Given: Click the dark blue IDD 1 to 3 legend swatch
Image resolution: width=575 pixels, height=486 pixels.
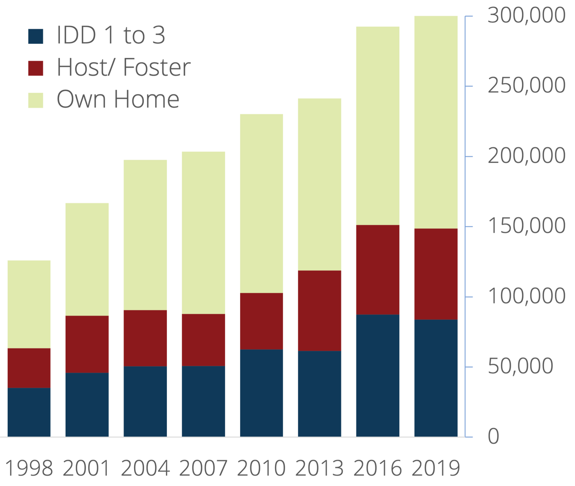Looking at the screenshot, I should coord(36,36).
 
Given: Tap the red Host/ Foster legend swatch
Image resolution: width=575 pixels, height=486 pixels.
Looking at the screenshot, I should coord(36,68).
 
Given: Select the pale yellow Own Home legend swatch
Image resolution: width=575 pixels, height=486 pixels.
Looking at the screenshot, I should coord(36,100).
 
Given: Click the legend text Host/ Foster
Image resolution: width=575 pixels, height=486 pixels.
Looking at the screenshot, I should coord(124,67).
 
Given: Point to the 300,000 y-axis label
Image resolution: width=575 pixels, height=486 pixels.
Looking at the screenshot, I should coord(526,16).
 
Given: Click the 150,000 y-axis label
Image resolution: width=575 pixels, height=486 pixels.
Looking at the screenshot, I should coord(526,226).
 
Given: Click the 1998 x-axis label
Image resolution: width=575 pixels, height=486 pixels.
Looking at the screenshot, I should coord(29,468).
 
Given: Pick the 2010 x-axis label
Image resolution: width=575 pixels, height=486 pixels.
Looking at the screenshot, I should coord(261,468).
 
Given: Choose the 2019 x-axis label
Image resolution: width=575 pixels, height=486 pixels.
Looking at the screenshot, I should coord(436,468).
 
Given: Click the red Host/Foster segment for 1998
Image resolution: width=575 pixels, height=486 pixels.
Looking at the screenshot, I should coord(29,368).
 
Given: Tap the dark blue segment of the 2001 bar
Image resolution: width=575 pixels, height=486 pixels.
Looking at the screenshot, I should coord(87,404).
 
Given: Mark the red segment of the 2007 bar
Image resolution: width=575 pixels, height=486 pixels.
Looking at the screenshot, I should coord(203,340).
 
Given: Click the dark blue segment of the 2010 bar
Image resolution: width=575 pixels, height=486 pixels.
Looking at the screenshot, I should coord(262,392).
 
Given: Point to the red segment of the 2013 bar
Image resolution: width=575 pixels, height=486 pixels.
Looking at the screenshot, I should coord(319,310).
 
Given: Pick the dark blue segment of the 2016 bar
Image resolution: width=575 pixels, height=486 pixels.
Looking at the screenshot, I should coord(378,375).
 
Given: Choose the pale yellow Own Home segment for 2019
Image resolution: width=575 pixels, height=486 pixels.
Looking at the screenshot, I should coord(436,122).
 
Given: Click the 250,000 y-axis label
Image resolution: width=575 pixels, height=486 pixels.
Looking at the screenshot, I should coord(526,86).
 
